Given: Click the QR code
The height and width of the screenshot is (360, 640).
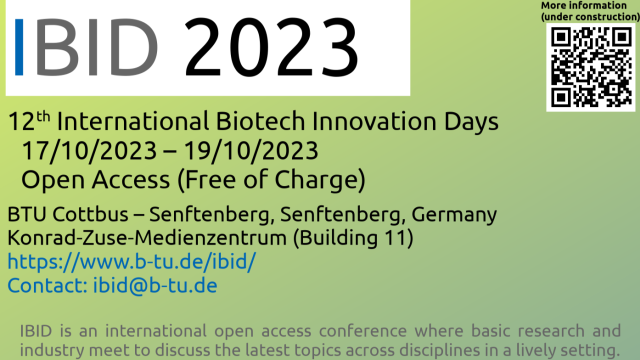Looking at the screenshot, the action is tap(591, 67).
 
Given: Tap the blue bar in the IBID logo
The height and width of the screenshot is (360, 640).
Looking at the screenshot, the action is tap(19, 47).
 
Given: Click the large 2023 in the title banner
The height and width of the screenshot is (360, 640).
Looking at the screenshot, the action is tap(271, 47).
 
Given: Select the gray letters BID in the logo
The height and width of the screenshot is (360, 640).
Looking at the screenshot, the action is tap(97, 47).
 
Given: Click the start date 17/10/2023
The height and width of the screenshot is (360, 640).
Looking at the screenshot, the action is tap(89, 150).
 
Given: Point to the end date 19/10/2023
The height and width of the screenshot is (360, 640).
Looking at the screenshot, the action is tap(250, 150).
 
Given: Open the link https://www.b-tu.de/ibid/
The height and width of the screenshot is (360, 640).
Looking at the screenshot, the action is tap(131, 261).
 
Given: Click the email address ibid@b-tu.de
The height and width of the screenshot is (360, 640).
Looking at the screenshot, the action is tap(155, 285).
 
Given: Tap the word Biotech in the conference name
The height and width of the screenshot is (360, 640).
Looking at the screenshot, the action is tap(260, 121).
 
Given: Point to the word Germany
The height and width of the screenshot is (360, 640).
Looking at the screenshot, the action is tap(454, 215).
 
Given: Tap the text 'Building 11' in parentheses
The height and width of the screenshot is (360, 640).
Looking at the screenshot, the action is tap(353, 237).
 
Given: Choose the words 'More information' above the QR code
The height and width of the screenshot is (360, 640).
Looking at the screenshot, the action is tap(583, 5).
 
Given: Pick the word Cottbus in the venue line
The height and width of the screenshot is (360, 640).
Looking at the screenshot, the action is tap(90, 214).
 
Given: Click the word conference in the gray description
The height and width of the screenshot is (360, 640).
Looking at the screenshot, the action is tap(363, 331).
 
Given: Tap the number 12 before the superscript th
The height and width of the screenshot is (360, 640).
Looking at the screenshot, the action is tap(21, 122).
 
